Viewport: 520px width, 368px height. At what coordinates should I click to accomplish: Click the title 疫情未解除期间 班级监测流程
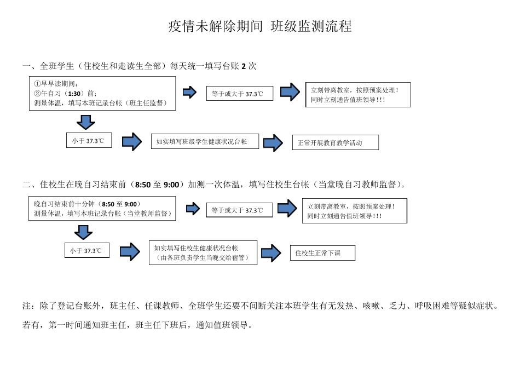[x=260, y=26]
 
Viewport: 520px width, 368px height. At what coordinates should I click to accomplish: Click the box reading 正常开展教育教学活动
[x=335, y=142]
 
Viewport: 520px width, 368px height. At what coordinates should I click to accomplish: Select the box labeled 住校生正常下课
[x=322, y=252]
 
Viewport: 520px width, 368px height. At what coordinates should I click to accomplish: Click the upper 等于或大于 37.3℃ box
[x=238, y=94]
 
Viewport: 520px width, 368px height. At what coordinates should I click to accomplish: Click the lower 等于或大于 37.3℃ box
[x=239, y=210]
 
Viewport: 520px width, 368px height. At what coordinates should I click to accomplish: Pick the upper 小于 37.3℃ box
[x=88, y=140]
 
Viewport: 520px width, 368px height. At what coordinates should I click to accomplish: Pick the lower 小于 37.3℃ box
[x=86, y=251]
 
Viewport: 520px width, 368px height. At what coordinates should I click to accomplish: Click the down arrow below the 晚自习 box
[x=84, y=232]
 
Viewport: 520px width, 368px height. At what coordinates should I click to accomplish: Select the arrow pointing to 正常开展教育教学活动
[x=273, y=142]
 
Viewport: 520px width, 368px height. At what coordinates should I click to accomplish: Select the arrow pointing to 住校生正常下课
[x=270, y=252]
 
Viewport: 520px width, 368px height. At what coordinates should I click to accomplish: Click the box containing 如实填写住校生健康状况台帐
[x=203, y=252]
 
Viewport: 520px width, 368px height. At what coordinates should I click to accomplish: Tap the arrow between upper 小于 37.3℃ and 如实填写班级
[x=131, y=141]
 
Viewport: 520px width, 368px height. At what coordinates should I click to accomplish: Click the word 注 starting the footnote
[x=26, y=305]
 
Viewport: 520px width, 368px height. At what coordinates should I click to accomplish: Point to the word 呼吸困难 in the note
[x=432, y=305]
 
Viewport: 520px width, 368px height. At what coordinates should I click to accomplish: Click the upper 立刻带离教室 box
[x=357, y=95]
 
